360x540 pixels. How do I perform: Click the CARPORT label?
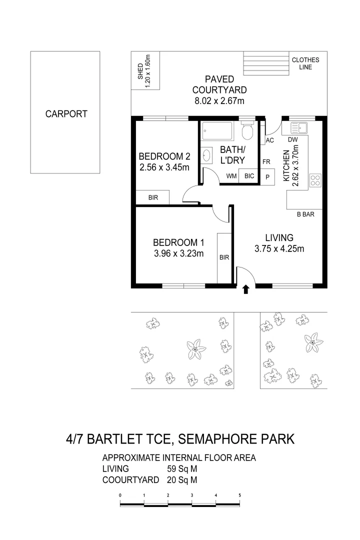(66, 114)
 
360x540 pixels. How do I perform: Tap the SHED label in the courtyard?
(144, 71)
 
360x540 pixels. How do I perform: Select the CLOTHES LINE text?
(305, 63)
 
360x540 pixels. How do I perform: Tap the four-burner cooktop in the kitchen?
(315, 179)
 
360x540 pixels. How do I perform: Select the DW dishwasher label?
(293, 140)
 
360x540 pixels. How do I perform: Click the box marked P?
(267, 176)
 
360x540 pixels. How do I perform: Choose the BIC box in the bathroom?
(249, 176)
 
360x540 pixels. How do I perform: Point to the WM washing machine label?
(231, 176)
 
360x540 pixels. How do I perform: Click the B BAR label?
(305, 215)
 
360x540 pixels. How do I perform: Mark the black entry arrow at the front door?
(245, 289)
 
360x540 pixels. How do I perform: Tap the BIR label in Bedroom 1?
(224, 258)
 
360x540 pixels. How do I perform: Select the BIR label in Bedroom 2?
(153, 198)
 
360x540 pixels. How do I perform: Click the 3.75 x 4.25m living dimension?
(279, 249)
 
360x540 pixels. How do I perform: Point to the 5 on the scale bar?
(240, 495)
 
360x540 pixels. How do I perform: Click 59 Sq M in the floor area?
(182, 469)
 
